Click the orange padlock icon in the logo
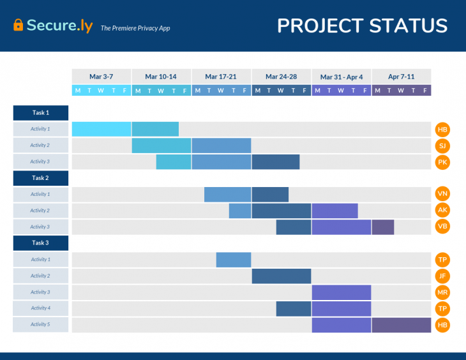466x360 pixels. point(18,26)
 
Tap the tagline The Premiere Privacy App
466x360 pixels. point(135,28)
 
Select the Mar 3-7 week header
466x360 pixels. point(101,77)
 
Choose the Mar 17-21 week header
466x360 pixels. point(221,77)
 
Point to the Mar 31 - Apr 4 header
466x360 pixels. point(342,77)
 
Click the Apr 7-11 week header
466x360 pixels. point(401,77)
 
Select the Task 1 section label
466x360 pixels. point(41,113)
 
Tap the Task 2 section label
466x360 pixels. point(41,178)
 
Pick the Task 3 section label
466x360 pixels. point(41,243)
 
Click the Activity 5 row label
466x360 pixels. point(40,325)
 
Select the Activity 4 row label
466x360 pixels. point(40,308)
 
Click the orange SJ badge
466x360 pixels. point(442,146)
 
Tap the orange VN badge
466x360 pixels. point(442,194)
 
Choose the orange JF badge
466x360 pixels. point(442,276)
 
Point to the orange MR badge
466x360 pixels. point(442,292)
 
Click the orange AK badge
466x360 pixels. point(442,211)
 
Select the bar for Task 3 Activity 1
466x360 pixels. point(234,260)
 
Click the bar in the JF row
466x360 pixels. point(282,276)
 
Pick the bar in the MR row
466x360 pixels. point(342,292)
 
